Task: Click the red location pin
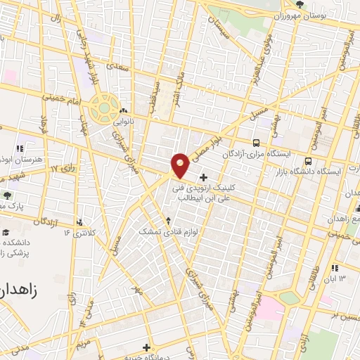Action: point(180,165)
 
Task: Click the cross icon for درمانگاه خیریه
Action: point(146,347)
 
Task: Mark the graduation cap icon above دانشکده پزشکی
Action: point(6,233)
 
